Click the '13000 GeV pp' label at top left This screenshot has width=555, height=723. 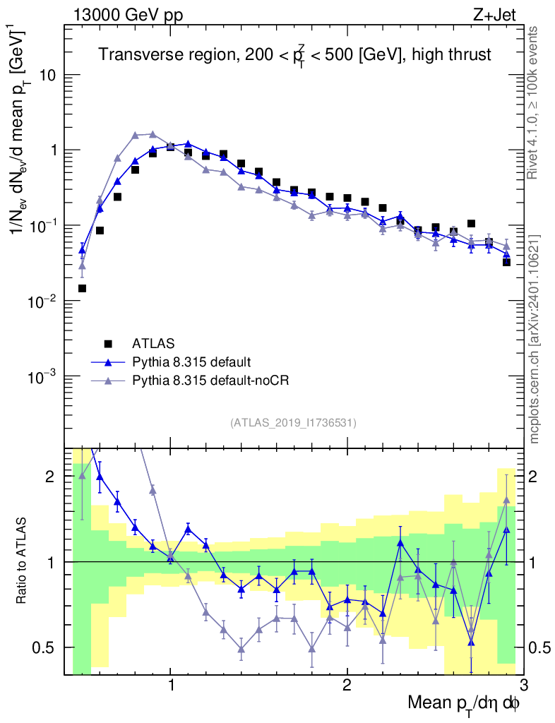127,16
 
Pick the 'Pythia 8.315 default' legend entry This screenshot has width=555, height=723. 191,362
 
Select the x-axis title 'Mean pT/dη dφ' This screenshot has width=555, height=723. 464,704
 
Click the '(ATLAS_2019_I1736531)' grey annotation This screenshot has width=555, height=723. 293,423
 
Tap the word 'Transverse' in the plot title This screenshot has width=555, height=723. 131,54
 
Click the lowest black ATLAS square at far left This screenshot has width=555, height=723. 82,288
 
